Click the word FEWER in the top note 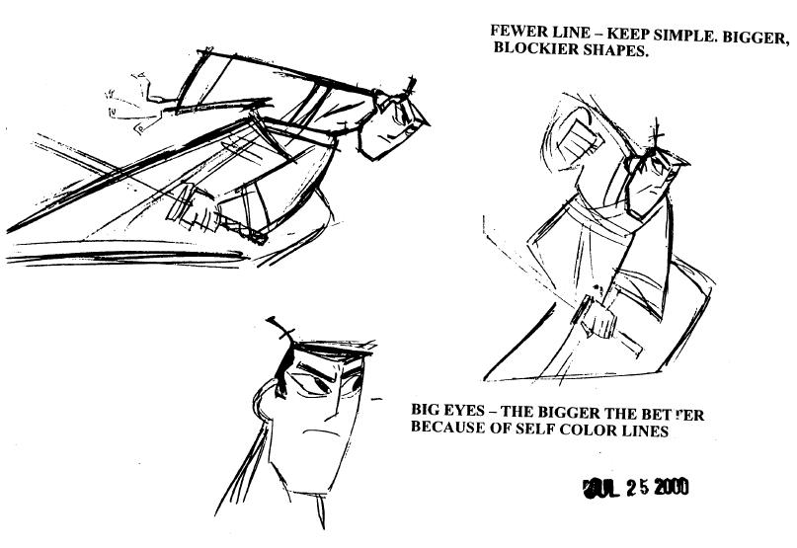click(x=516, y=31)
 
